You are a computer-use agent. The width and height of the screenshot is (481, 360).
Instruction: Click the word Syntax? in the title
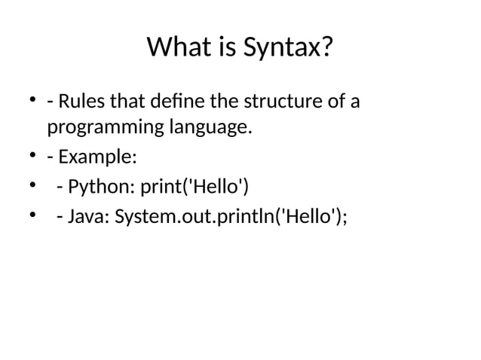coord(288,49)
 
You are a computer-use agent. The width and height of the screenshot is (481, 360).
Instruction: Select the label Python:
coord(100,189)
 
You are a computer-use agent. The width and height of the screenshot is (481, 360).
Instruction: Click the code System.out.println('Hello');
coord(231,218)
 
